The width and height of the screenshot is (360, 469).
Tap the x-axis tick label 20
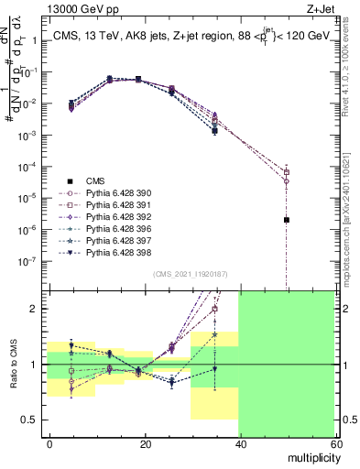coord(144,443)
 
